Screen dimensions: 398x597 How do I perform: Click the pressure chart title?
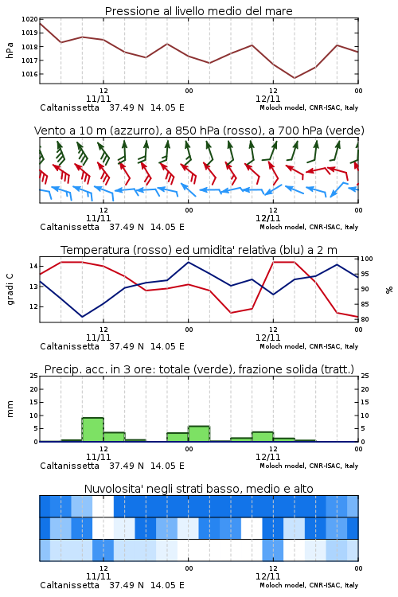(198, 11)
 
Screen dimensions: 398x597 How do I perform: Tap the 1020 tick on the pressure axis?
(29, 19)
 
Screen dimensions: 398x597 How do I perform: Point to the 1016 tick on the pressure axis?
(29, 74)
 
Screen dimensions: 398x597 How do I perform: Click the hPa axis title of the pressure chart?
(10, 50)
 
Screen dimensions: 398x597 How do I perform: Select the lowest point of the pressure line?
(294, 78)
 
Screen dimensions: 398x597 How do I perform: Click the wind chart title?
(199, 131)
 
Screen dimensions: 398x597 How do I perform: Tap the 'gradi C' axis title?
(10, 289)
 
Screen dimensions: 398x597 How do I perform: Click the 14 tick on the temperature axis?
(33, 266)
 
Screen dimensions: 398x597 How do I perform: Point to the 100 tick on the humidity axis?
(367, 259)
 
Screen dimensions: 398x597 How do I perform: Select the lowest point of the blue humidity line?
(82, 317)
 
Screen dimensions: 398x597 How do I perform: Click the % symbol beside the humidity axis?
(389, 290)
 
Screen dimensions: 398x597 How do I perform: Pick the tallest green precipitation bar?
(93, 430)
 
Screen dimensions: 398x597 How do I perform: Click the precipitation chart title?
(199, 369)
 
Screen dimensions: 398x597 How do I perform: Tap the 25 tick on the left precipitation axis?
(33, 376)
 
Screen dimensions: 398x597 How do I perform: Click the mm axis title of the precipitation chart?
(10, 409)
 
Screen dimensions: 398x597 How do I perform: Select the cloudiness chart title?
(198, 489)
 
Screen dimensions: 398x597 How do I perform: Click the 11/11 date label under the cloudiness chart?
(98, 576)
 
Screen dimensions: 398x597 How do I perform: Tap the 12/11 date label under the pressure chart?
(267, 99)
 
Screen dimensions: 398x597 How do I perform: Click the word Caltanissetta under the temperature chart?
(70, 346)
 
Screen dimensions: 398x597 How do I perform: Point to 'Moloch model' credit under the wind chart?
(283, 228)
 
